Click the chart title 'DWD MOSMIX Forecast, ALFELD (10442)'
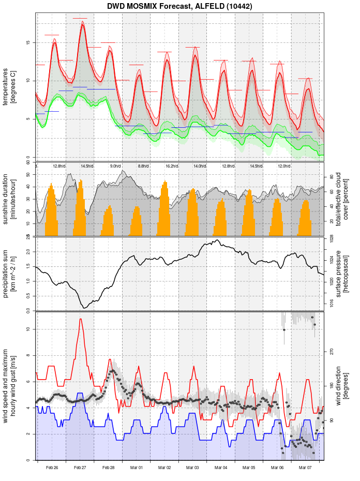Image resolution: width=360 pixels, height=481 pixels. (x=179, y=6)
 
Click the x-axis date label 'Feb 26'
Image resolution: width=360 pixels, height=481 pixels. (x=52, y=468)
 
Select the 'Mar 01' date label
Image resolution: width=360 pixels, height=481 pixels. (x=137, y=468)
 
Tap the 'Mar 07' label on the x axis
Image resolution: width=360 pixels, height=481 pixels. (x=306, y=468)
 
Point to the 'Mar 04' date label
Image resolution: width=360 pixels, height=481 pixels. (x=221, y=468)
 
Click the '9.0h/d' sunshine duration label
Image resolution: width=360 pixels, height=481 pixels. (x=115, y=166)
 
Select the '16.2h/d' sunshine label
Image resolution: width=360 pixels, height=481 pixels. (x=172, y=166)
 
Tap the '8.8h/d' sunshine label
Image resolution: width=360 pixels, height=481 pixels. (x=143, y=166)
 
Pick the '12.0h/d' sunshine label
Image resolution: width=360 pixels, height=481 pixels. (x=284, y=166)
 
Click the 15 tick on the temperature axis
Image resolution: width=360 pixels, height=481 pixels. (x=29, y=42)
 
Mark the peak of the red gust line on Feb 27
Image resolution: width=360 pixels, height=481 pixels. (x=80, y=319)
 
